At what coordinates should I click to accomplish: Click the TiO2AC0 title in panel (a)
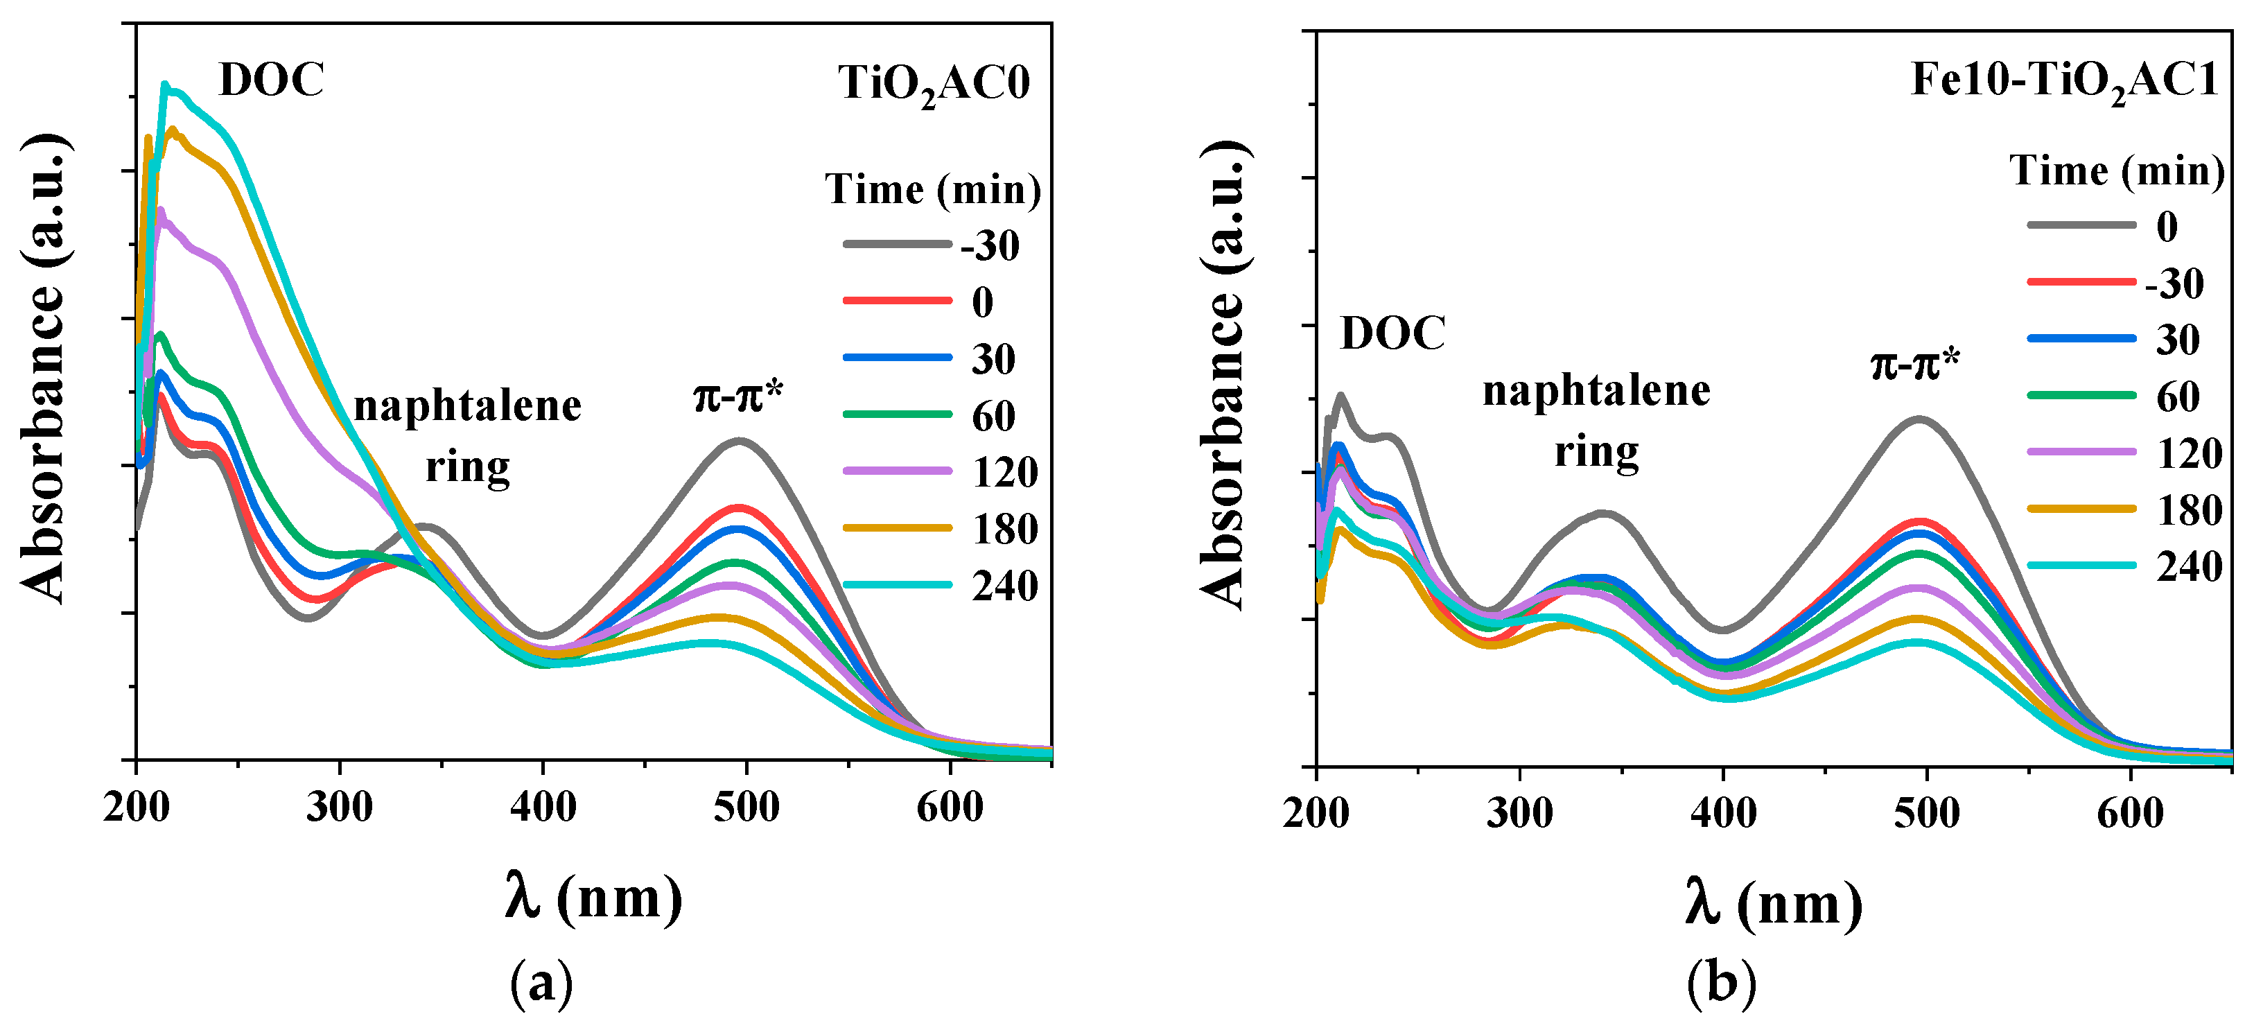pos(934,85)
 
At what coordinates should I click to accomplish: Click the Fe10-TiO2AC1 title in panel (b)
pos(2063,81)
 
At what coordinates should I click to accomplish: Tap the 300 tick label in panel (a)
pos(340,807)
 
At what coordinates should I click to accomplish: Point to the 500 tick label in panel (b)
pos(1927,813)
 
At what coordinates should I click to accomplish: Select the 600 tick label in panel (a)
pos(950,807)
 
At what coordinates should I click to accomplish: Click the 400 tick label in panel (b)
pos(1723,813)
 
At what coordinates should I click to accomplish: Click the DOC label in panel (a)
pos(271,80)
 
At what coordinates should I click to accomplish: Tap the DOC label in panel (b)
pos(1392,333)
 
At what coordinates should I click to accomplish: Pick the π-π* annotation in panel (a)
pos(737,396)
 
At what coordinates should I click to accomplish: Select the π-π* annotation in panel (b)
pos(1915,363)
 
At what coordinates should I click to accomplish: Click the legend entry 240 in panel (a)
pos(1004,586)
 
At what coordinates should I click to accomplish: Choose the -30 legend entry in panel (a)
pos(990,245)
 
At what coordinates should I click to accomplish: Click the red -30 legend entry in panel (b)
pos(2174,283)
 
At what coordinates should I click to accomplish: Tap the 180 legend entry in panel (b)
pos(2188,510)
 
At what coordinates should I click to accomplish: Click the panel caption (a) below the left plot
pos(541,983)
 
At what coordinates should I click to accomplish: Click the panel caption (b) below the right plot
pos(1721,983)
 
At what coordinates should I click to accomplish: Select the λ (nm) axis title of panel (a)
pos(594,897)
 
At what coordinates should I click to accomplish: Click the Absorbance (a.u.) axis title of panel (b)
pos(1223,374)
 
